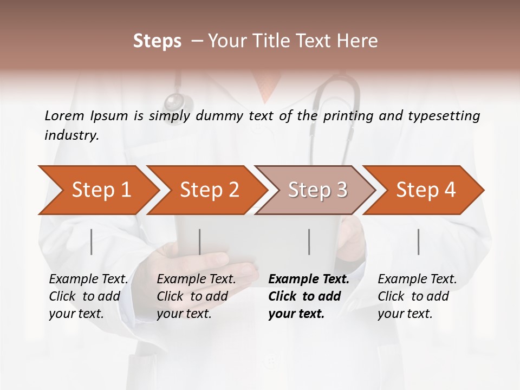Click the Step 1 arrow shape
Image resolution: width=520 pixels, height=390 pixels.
[x=97, y=190]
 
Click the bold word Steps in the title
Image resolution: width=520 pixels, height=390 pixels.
[x=157, y=41]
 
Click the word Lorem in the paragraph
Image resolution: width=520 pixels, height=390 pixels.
[x=64, y=115]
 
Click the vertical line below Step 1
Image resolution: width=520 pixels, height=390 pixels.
[x=92, y=242]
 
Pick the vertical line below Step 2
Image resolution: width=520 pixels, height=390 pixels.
[x=200, y=242]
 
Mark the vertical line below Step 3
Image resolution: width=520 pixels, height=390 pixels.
[x=309, y=242]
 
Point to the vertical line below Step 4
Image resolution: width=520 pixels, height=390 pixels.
[x=418, y=242]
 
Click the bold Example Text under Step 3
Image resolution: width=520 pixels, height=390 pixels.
[x=309, y=279]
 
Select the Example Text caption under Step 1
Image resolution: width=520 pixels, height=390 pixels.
[x=88, y=279]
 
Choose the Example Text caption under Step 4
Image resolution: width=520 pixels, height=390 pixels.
[x=417, y=279]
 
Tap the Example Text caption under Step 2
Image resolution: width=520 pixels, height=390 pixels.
[x=196, y=279]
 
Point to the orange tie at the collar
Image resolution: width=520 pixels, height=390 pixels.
[x=265, y=87]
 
